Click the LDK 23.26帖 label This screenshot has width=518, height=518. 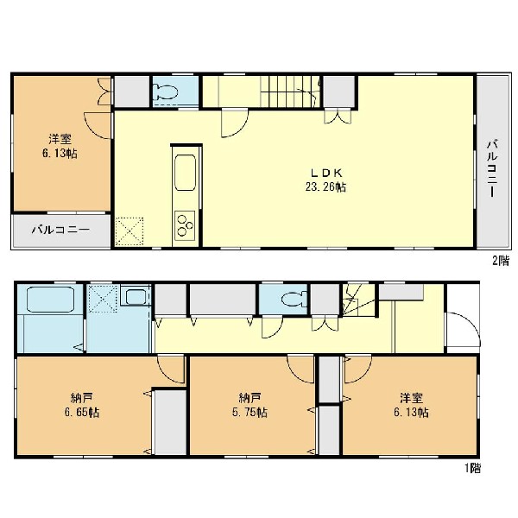click(325, 180)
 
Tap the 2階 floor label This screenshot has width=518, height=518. click(501, 261)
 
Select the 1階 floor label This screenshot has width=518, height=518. click(473, 468)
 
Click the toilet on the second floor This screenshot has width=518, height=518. click(167, 92)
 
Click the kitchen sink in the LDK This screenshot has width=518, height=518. click(185, 173)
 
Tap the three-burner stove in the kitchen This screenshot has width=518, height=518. click(185, 225)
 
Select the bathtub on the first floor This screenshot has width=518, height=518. click(50, 300)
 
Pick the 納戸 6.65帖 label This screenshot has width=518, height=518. click(82, 406)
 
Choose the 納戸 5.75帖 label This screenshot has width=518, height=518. click(250, 406)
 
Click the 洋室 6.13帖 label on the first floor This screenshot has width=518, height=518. click(411, 406)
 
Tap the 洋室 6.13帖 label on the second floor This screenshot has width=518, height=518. click(60, 147)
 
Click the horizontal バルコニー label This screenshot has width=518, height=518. click(60, 230)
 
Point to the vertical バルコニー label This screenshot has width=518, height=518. click(492, 169)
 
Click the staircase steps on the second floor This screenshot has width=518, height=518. click(290, 92)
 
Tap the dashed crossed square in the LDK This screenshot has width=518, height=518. click(129, 231)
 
